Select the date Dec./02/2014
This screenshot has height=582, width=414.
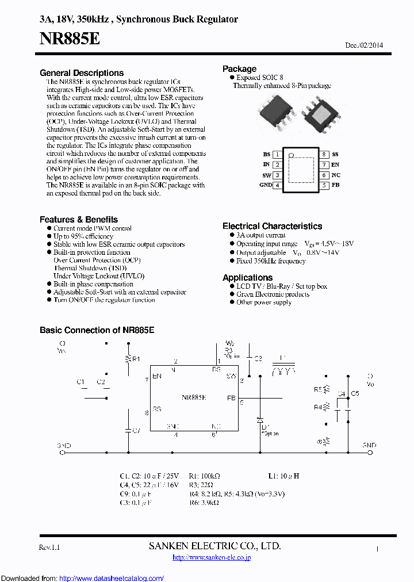(x=364, y=45)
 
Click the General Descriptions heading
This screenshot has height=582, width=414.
(x=82, y=73)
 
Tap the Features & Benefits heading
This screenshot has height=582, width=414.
(x=79, y=220)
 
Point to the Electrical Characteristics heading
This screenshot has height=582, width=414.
(x=272, y=226)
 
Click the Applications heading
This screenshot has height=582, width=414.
(x=247, y=277)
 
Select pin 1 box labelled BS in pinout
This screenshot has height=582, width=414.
(x=277, y=155)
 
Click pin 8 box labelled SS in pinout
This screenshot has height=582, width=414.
(x=324, y=155)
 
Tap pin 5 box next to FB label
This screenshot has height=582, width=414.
(x=324, y=185)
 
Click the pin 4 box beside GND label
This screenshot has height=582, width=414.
(x=277, y=185)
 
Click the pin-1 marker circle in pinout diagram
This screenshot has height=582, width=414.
(x=291, y=155)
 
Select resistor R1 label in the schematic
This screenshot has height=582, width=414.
(x=136, y=359)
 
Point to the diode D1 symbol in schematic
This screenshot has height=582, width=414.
(x=260, y=418)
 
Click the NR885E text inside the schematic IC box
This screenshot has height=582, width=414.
(x=194, y=397)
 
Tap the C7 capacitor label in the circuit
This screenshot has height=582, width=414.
(x=136, y=430)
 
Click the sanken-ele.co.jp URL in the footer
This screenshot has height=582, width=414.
(x=212, y=557)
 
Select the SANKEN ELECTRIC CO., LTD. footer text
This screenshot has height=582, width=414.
(x=214, y=546)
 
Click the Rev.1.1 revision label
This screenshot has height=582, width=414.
(x=49, y=547)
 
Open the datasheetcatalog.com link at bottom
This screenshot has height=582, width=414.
(x=111, y=578)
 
